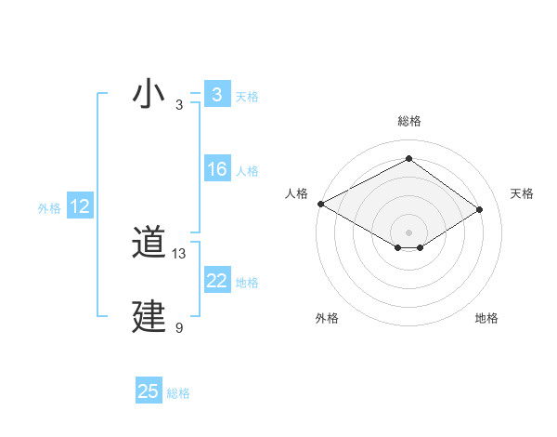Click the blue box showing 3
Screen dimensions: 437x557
[x=216, y=95]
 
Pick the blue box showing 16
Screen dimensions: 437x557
[x=216, y=169]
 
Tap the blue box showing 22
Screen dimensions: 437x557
[x=216, y=281]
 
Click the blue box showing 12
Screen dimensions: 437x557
[x=80, y=206]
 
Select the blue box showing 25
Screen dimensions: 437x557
[x=149, y=391]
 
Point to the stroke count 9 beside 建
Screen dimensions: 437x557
[x=179, y=327]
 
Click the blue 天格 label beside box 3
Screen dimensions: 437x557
[x=247, y=97]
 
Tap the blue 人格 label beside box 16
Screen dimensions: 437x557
[x=247, y=171]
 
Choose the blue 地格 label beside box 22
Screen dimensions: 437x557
[x=247, y=283]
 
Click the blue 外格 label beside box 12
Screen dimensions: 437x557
[x=49, y=208]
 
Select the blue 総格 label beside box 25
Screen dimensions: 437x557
[x=178, y=393]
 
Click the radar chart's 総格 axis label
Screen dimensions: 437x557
[x=408, y=121]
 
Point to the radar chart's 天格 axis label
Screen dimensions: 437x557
[x=523, y=193]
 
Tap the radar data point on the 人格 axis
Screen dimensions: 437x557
[x=320, y=203]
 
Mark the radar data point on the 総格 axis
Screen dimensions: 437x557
[x=408, y=159]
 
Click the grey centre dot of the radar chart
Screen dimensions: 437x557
[x=408, y=232]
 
